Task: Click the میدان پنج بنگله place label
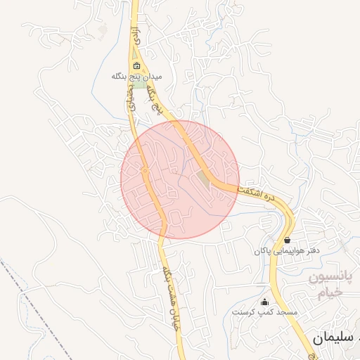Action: [138, 75]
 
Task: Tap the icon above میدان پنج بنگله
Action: [138, 67]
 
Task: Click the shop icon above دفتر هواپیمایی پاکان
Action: [287, 240]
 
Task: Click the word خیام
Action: [328, 293]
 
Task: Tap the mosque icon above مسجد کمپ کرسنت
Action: [264, 302]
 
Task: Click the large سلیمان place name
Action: [330, 340]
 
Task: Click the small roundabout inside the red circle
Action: [143, 170]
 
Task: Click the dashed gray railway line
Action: [42, 309]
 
